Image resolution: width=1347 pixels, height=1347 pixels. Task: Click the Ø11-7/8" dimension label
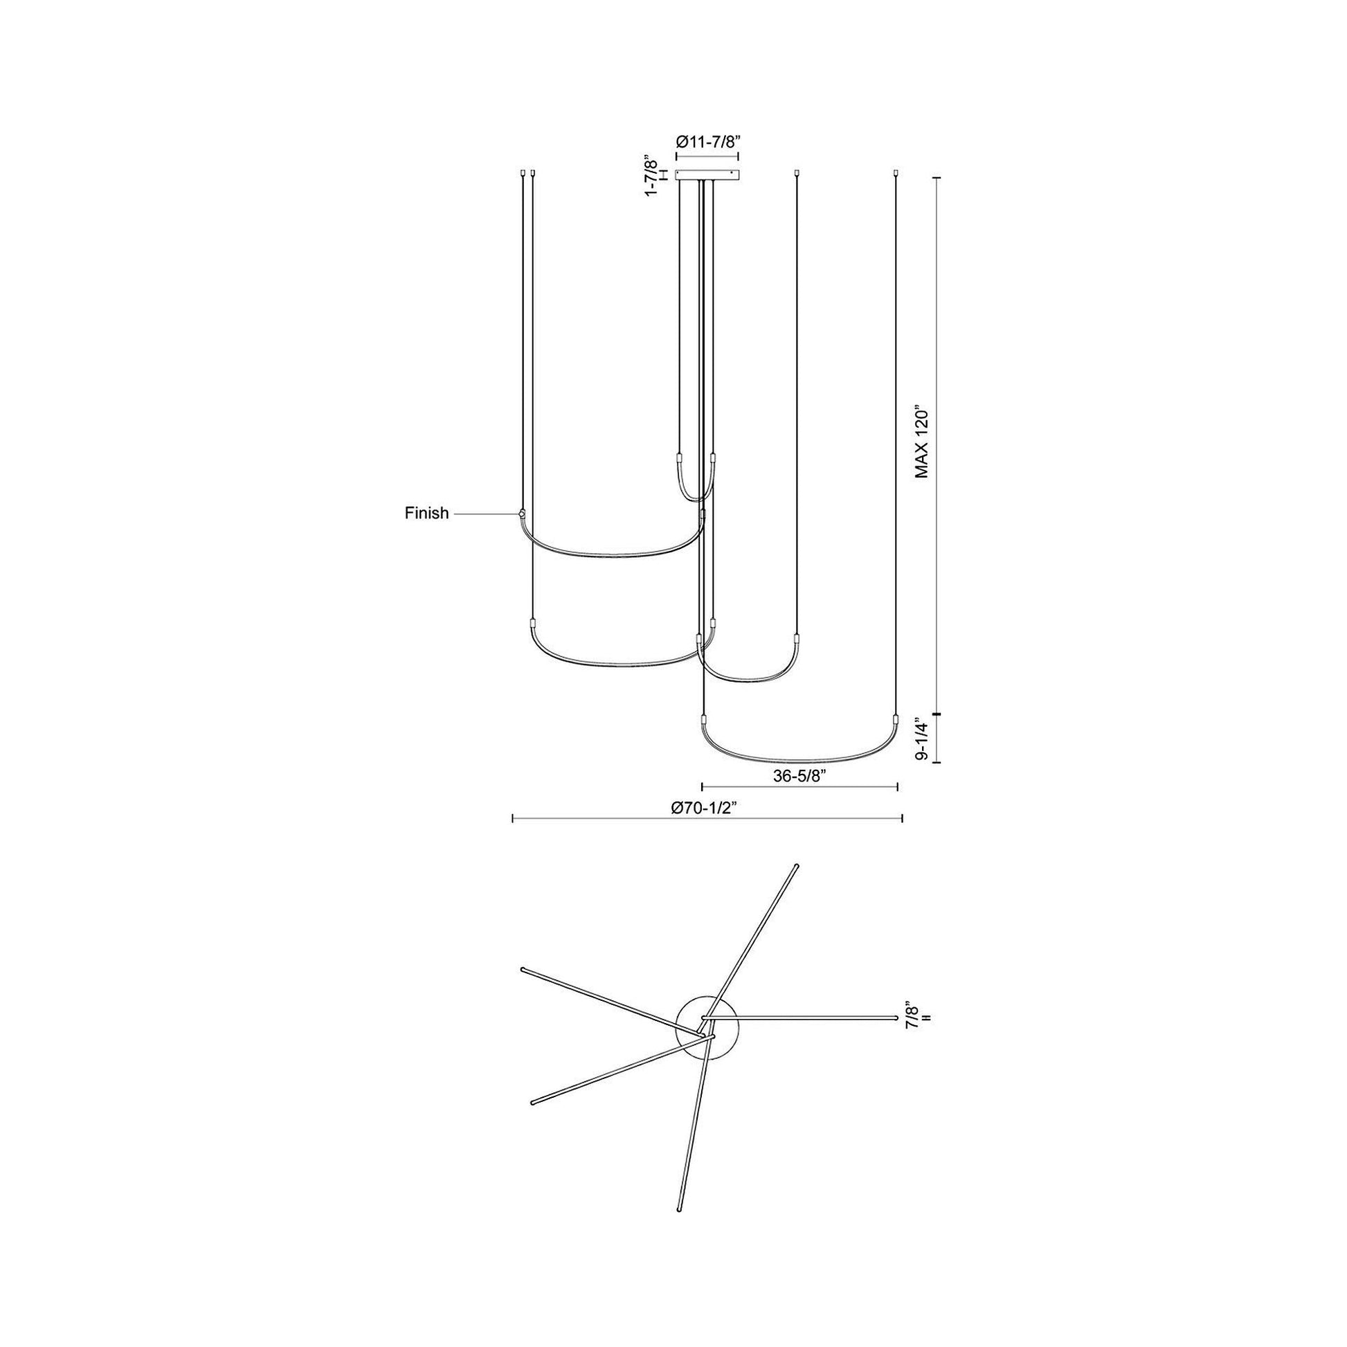(x=707, y=141)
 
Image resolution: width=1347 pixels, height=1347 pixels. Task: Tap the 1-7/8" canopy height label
(x=651, y=175)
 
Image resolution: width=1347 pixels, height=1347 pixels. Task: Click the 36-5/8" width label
(x=799, y=777)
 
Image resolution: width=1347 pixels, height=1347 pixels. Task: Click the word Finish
(x=426, y=514)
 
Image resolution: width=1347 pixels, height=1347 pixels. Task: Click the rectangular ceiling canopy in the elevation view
(x=707, y=175)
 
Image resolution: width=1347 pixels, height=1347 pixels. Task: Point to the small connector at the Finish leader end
(x=521, y=514)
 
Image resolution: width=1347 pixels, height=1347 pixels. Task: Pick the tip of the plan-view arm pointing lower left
(x=534, y=1122)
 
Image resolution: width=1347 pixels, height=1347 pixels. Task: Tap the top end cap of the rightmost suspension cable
(x=896, y=171)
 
